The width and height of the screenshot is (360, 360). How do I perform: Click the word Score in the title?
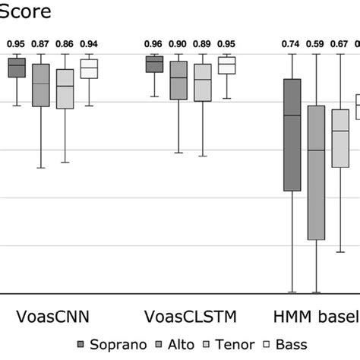[27, 13]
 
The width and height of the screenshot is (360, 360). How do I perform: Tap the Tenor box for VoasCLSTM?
[203, 82]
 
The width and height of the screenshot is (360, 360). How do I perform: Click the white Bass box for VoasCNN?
[90, 68]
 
